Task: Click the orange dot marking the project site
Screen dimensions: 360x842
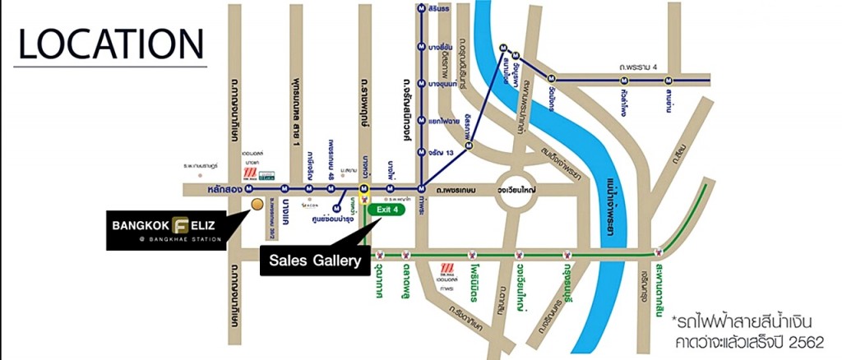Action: click(x=257, y=203)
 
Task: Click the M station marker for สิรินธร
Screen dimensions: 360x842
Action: click(x=421, y=11)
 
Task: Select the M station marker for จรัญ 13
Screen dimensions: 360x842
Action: click(x=421, y=151)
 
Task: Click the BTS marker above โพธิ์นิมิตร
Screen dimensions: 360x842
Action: click(x=474, y=252)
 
